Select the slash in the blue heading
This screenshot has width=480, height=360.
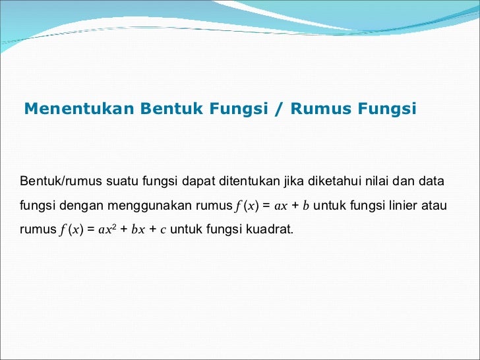280,109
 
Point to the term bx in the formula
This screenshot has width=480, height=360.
136,231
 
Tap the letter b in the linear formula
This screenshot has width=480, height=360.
305,206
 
